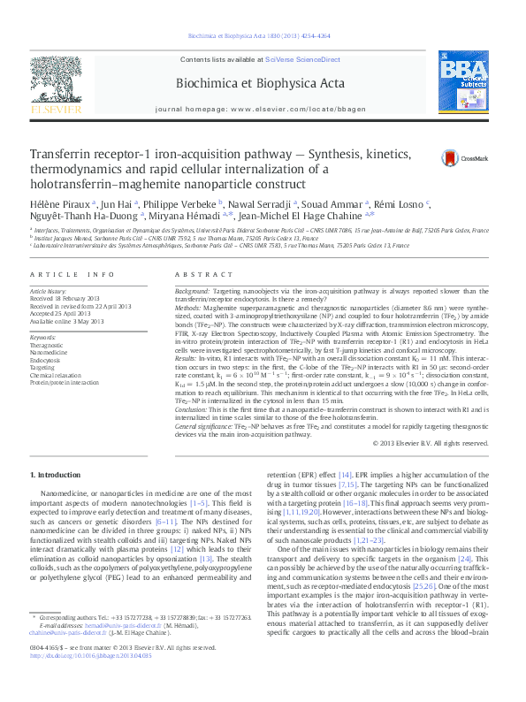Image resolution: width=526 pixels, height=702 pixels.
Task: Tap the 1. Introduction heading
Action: (x=56, y=476)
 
